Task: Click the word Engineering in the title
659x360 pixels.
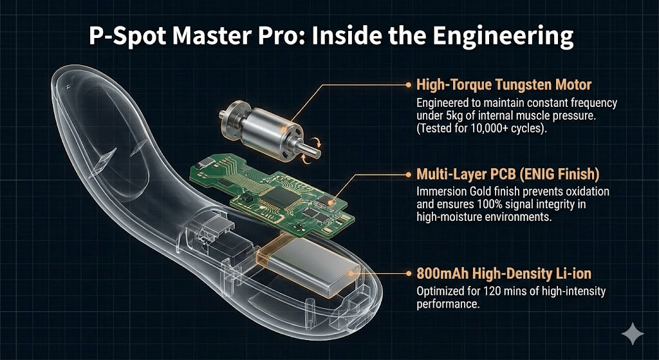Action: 503,37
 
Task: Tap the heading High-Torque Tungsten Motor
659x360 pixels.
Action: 504,85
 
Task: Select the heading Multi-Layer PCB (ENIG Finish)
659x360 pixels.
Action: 508,174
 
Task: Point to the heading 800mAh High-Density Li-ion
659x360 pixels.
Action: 504,274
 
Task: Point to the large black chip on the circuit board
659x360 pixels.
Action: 282,198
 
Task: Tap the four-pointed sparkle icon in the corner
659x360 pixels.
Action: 633,334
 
